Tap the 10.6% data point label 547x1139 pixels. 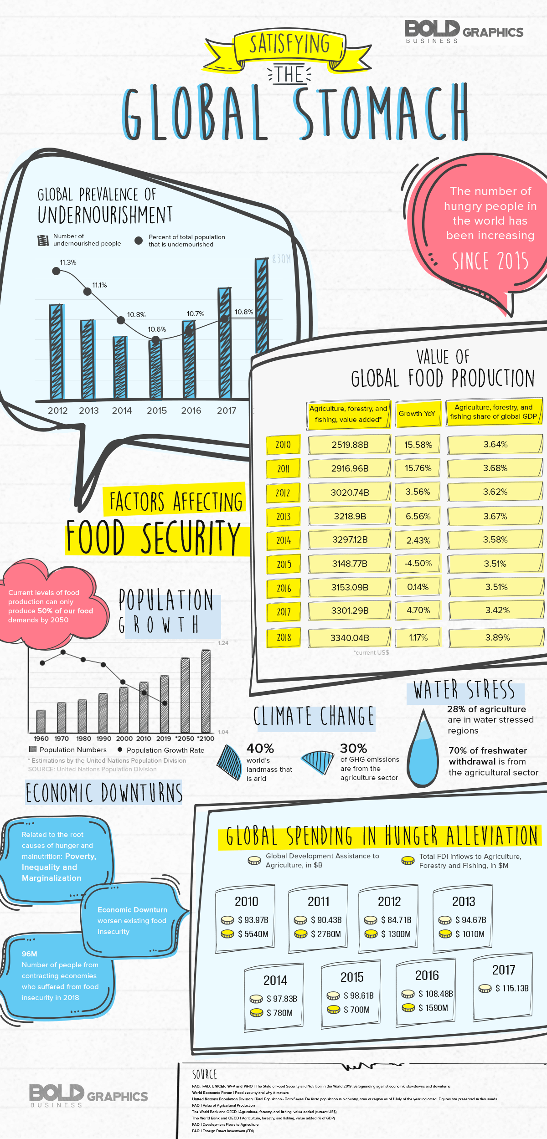coord(157,329)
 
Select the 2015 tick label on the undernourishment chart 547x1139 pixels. coord(157,410)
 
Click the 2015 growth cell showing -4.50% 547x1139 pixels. coord(418,563)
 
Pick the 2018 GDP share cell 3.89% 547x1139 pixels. coord(497,637)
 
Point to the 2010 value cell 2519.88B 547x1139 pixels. coord(350,445)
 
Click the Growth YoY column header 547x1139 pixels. coord(417,414)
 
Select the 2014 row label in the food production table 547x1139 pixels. coord(283,540)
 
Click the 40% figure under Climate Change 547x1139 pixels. coord(260,748)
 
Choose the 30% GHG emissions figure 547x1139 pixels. coord(353,748)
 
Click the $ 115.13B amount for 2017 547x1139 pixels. coord(512,988)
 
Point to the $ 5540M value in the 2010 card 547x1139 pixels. coord(253,934)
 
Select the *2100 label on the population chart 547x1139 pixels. coord(206,739)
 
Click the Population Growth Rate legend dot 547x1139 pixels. coord(120,749)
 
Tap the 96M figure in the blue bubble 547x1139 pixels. coord(30,954)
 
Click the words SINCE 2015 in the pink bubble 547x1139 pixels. coord(490,262)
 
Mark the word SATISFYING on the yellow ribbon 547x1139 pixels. coord(289,45)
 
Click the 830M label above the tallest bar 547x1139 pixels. coord(281,259)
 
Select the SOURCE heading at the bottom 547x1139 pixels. coord(205,1074)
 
